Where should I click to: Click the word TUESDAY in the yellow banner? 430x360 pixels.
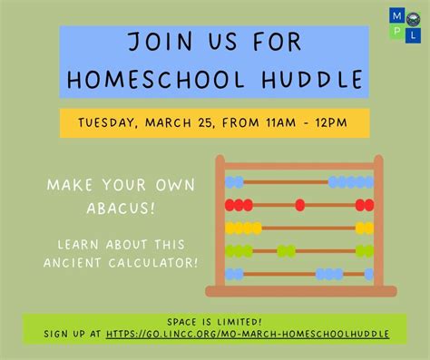[113, 122]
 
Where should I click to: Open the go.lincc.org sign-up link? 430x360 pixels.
[248, 334]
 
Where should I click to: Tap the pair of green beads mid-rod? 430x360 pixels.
[286, 250]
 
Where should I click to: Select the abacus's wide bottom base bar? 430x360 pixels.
[300, 291]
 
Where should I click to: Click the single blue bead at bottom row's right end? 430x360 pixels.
[368, 273]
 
